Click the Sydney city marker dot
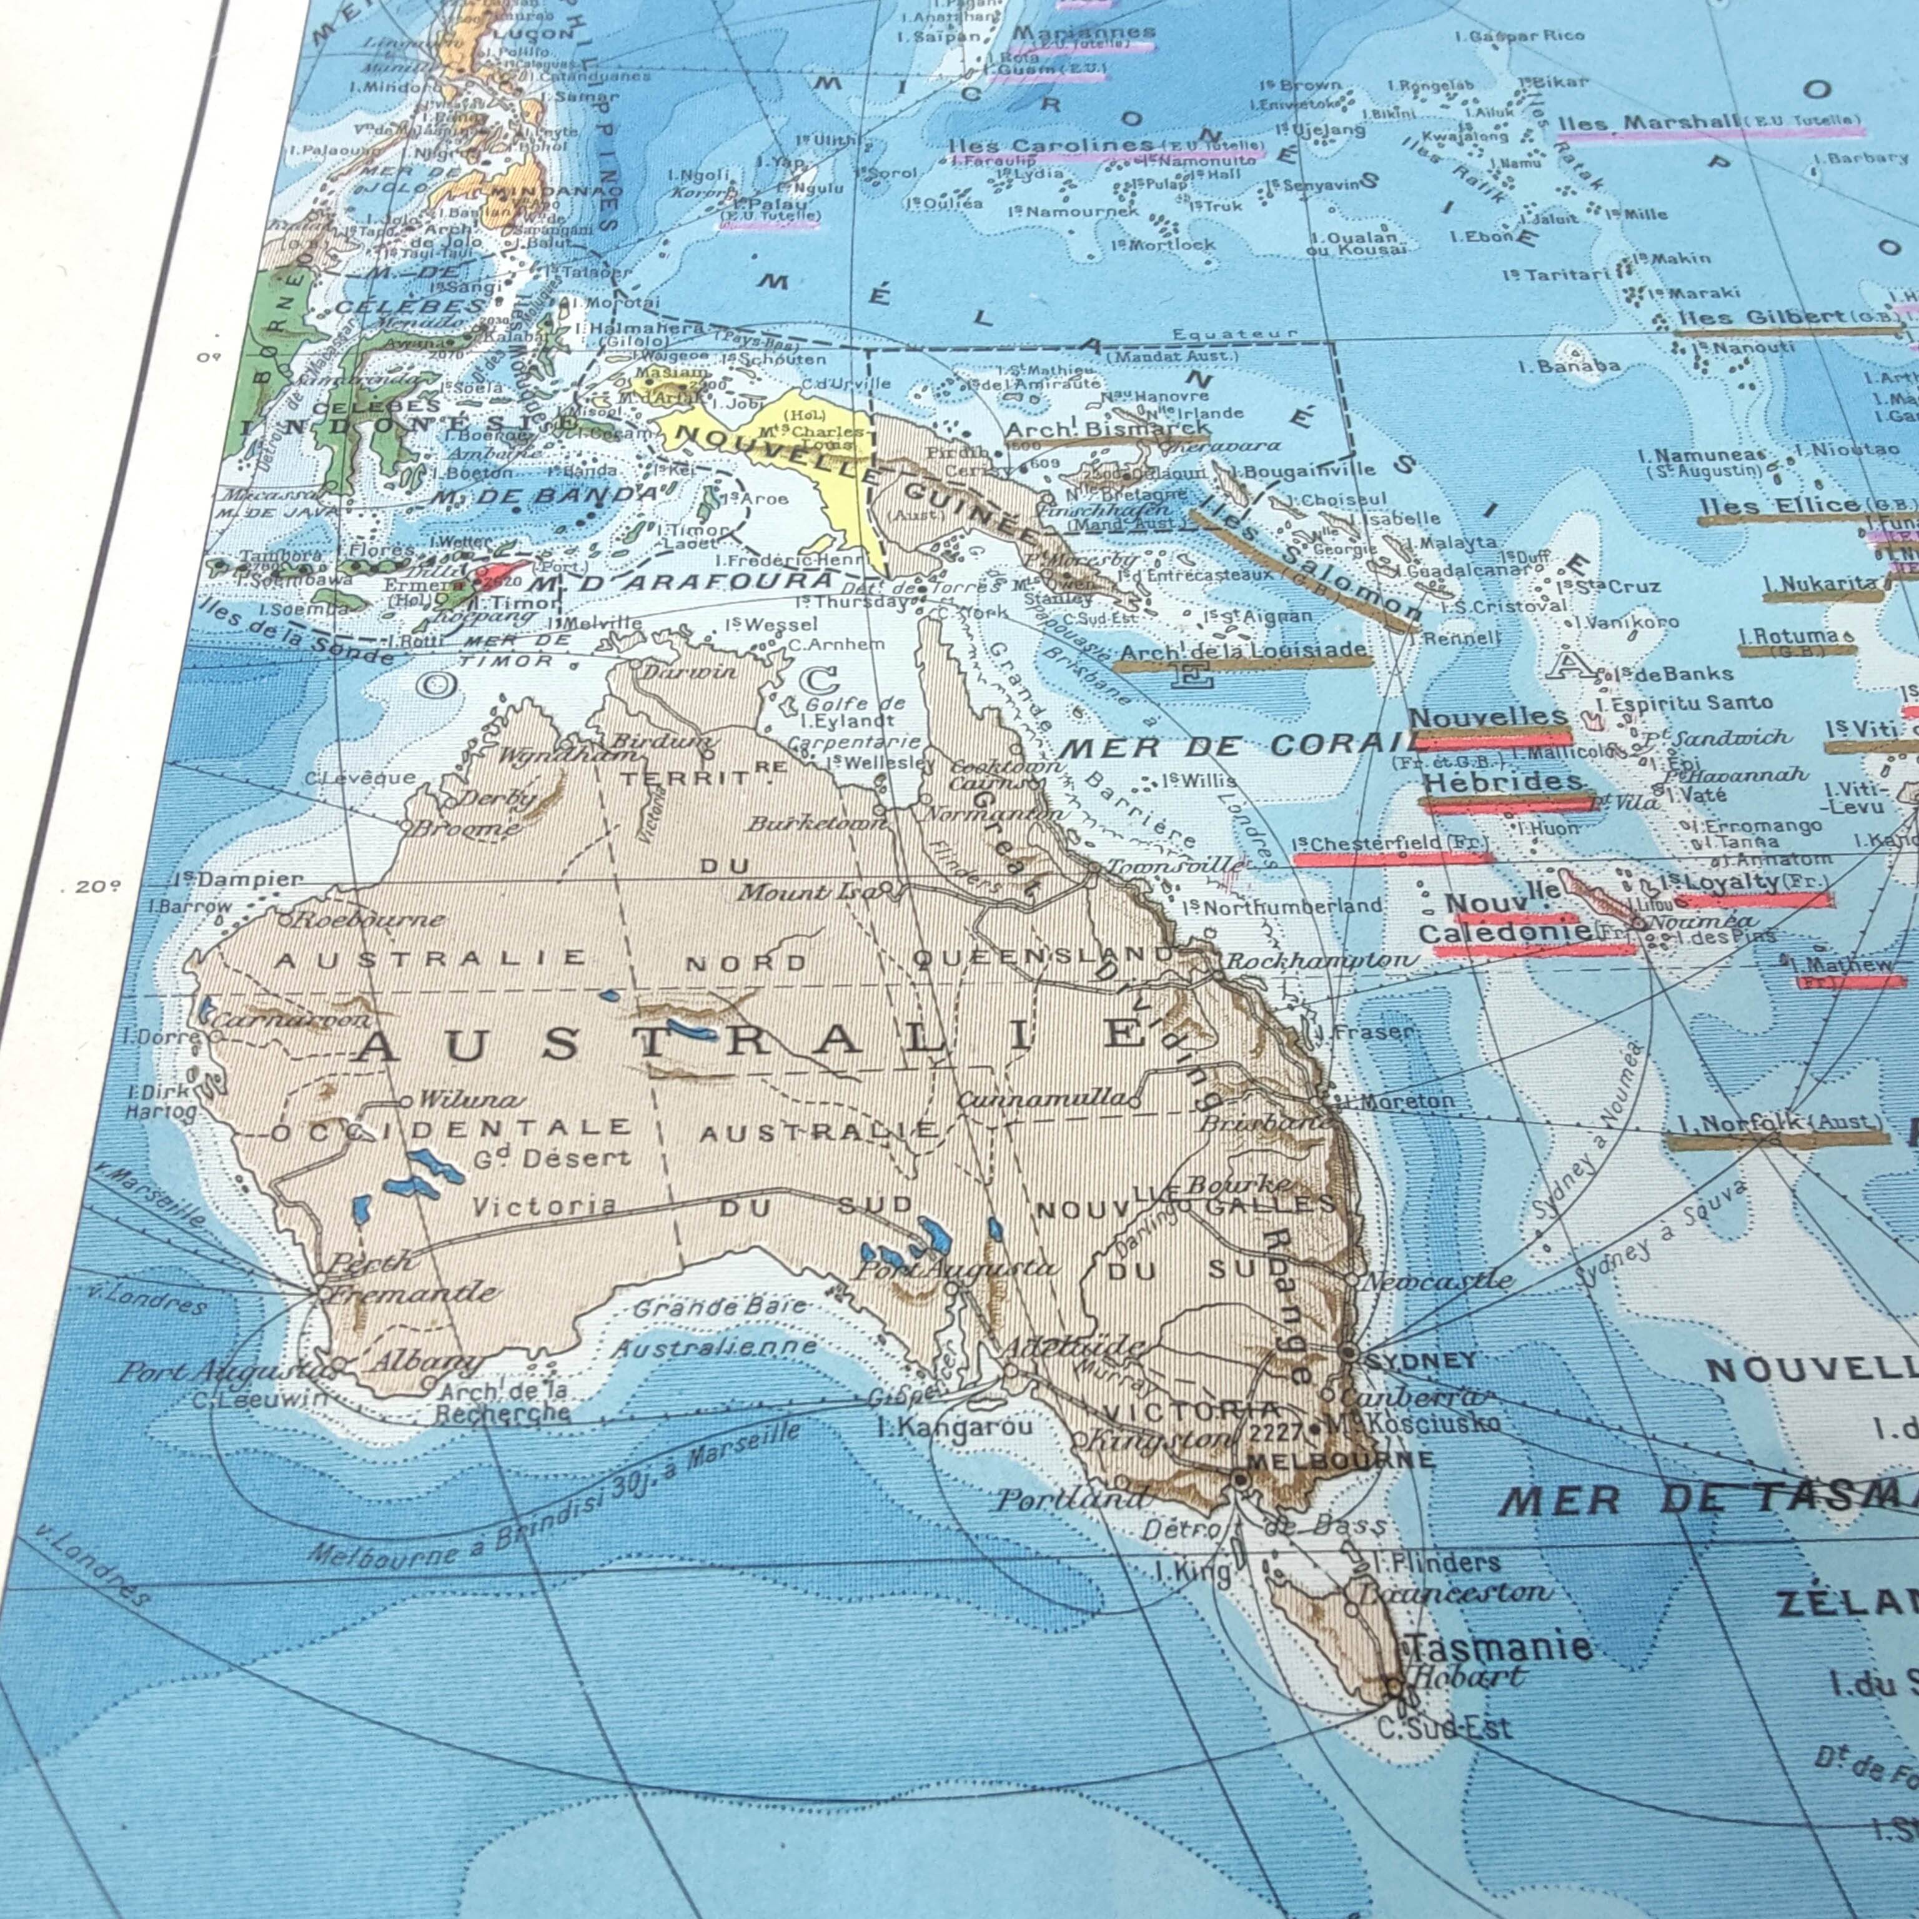click(1349, 1352)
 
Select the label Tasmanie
click(1501, 1646)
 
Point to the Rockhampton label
click(1321, 961)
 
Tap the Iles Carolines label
click(1051, 145)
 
